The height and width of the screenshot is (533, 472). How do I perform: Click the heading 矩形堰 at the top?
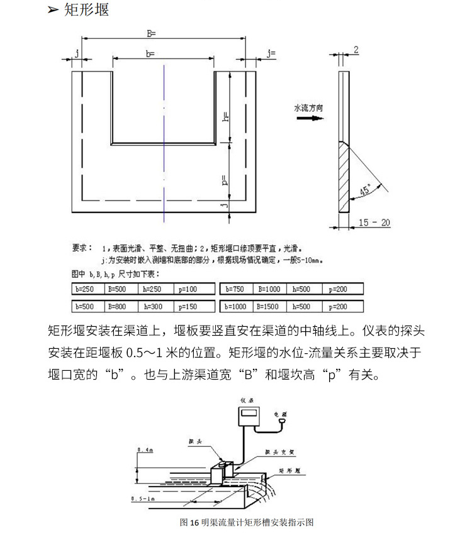[x=86, y=11]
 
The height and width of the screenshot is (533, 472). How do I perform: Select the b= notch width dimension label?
[x=150, y=55]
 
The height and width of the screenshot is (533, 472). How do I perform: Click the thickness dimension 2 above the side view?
[x=356, y=50]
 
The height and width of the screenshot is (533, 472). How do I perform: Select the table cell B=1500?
[x=271, y=307]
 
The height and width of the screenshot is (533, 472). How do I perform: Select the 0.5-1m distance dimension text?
[x=141, y=498]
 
